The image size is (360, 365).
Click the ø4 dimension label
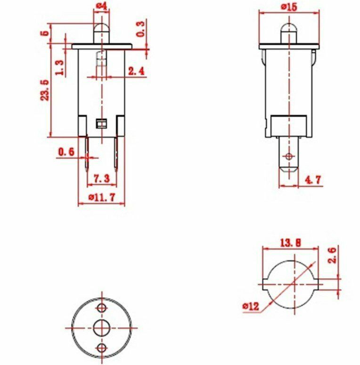click(102, 6)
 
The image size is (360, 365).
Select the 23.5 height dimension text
click(45, 90)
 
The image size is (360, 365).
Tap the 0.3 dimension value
click(140, 29)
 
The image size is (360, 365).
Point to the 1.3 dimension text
click(60, 68)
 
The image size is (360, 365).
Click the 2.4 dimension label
click(137, 71)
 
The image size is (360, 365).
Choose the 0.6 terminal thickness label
click(66, 152)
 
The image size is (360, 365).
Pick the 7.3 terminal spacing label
click(101, 178)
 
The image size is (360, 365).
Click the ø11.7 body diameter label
click(102, 197)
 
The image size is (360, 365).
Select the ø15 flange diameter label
click(289, 7)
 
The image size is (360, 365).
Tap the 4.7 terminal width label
click(313, 180)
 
